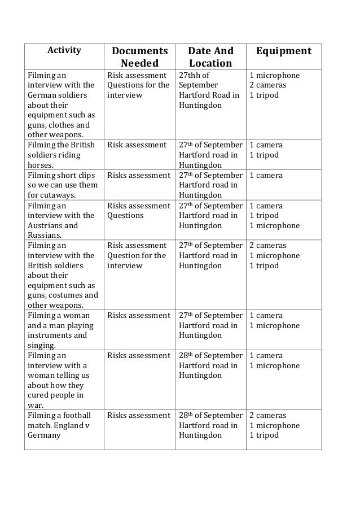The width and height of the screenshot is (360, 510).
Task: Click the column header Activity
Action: pyautogui.click(x=64, y=50)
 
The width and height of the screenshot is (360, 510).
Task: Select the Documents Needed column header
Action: pyautogui.click(x=139, y=57)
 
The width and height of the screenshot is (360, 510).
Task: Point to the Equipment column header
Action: pyautogui.click(x=283, y=51)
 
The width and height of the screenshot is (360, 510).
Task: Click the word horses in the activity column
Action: pyautogui.click(x=41, y=165)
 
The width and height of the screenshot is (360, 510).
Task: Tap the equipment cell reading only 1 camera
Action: pyautogui.click(x=266, y=175)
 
